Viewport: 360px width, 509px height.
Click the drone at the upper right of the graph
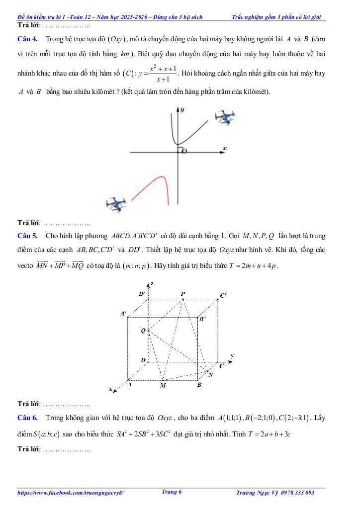pos(225,117)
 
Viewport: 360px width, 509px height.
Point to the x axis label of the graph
pos(224,148)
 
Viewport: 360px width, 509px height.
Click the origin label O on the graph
pos(184,151)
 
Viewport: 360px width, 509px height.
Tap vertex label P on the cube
pos(183,294)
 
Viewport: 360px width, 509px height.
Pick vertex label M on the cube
pos(163,385)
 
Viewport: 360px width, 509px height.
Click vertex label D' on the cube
pos(142,294)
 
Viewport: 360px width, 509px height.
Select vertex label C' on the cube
pos(224,296)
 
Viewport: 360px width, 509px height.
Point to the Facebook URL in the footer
pos(70,493)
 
